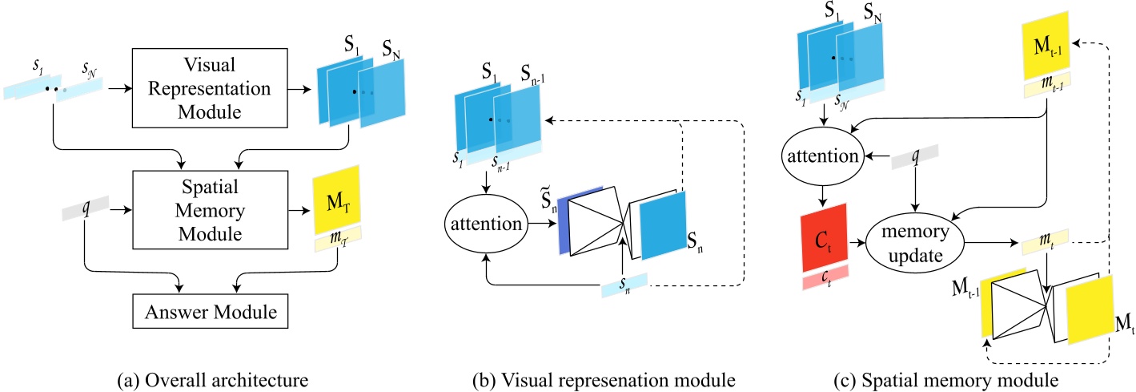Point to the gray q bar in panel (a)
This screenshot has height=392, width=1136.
[85, 212]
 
